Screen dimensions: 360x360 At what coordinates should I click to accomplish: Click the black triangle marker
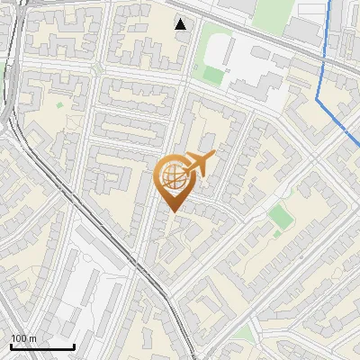pos(181,24)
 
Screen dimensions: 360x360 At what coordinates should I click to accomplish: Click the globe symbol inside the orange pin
pos(172,178)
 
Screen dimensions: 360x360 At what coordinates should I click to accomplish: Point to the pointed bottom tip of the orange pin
pos(173,212)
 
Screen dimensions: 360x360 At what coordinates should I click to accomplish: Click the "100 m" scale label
pos(24,338)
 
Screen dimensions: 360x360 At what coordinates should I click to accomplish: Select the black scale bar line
pos(42,346)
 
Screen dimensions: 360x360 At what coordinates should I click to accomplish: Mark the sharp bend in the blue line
pos(319,95)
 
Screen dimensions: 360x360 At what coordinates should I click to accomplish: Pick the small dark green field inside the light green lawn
pos(213,74)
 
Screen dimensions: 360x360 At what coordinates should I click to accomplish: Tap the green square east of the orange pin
pos(281,216)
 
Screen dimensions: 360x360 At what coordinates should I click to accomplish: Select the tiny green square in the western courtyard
pos(59,105)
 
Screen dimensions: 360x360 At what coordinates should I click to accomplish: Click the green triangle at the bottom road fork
pos(243,335)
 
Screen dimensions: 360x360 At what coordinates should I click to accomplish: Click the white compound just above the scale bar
pos(36,306)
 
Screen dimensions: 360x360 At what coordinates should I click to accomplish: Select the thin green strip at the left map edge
pos(3,72)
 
